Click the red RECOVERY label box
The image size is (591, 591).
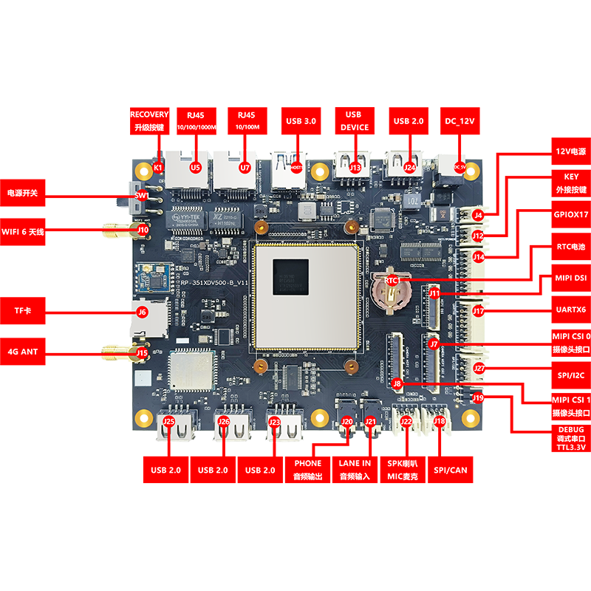point(150,120)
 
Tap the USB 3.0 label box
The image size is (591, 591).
point(300,120)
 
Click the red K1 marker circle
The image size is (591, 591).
point(158,168)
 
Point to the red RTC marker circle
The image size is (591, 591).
point(392,281)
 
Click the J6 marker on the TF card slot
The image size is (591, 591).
point(143,312)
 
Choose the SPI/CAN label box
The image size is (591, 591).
point(451,469)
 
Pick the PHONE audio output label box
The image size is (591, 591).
point(308,469)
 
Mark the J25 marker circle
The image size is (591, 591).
point(169,423)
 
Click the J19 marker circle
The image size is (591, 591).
point(478,398)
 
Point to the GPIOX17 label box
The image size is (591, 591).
point(570,214)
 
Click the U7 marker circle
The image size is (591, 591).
point(245,168)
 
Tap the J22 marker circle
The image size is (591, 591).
point(406,422)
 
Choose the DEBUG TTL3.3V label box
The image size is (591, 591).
point(570,440)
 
